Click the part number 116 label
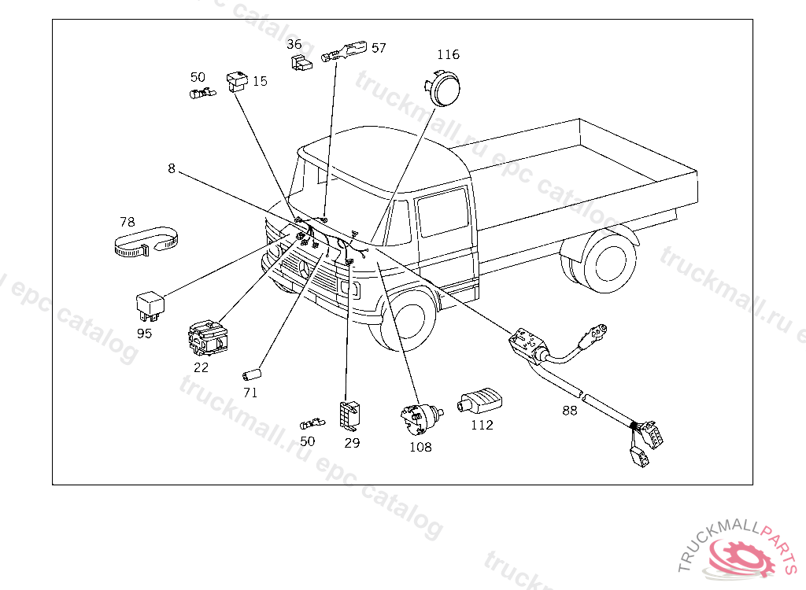(449, 55)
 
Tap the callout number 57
(379, 48)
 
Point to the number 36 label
(294, 44)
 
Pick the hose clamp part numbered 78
(142, 244)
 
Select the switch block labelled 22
(207, 337)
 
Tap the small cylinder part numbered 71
(252, 372)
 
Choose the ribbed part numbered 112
(480, 401)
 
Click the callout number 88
(570, 410)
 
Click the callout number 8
(171, 168)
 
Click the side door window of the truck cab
(443, 212)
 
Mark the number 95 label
(144, 334)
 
